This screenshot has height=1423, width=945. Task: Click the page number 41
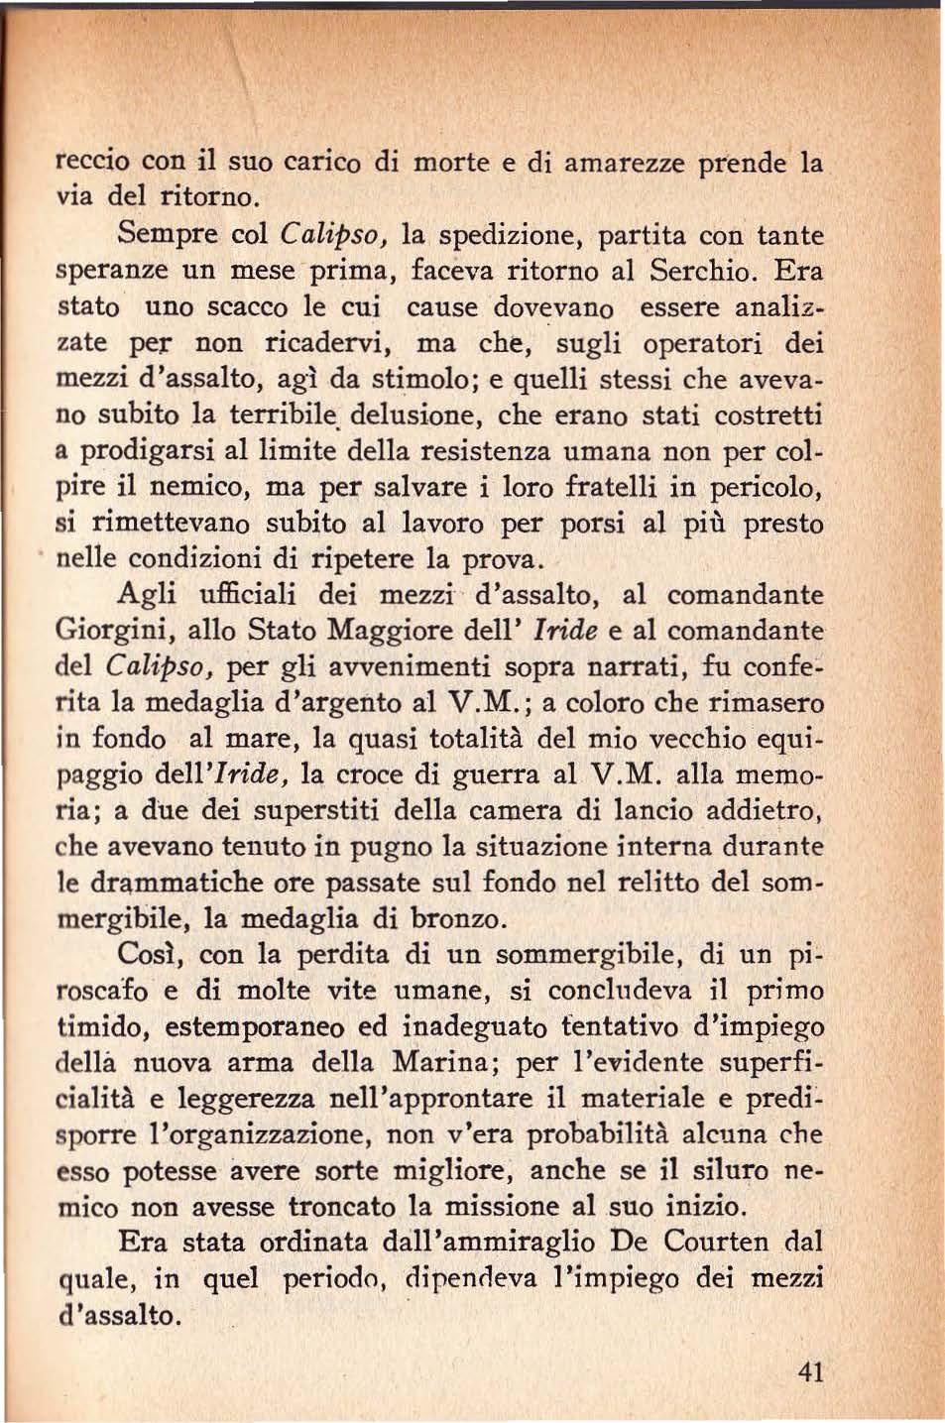810,1372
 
